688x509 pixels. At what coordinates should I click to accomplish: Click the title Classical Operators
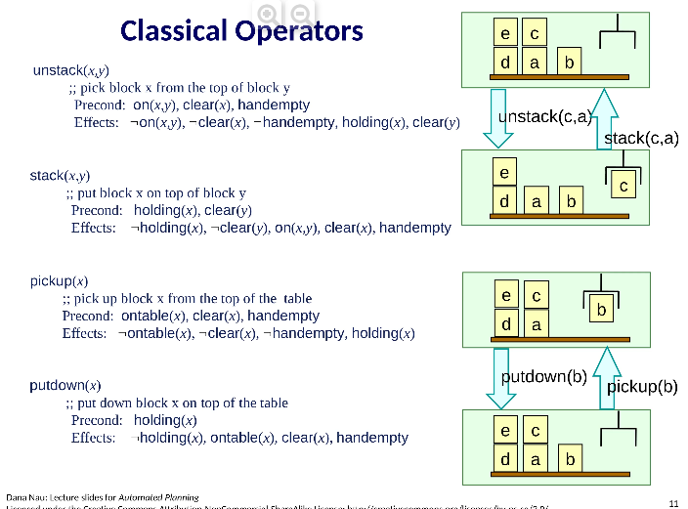241,31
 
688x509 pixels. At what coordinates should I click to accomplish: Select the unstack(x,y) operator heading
70,70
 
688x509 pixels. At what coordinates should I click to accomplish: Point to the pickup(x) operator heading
59,281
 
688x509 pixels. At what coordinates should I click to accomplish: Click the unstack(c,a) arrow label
544,117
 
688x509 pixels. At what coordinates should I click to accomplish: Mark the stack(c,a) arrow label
641,138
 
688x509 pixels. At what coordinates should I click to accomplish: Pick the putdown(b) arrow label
543,376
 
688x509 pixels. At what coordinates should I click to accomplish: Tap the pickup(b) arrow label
642,386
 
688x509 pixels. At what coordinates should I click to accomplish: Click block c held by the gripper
623,185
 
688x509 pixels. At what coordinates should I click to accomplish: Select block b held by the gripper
602,310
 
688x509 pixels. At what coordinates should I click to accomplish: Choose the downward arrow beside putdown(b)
497,377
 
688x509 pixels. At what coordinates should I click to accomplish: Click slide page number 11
672,502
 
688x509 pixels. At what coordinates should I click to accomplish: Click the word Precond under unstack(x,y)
99,105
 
